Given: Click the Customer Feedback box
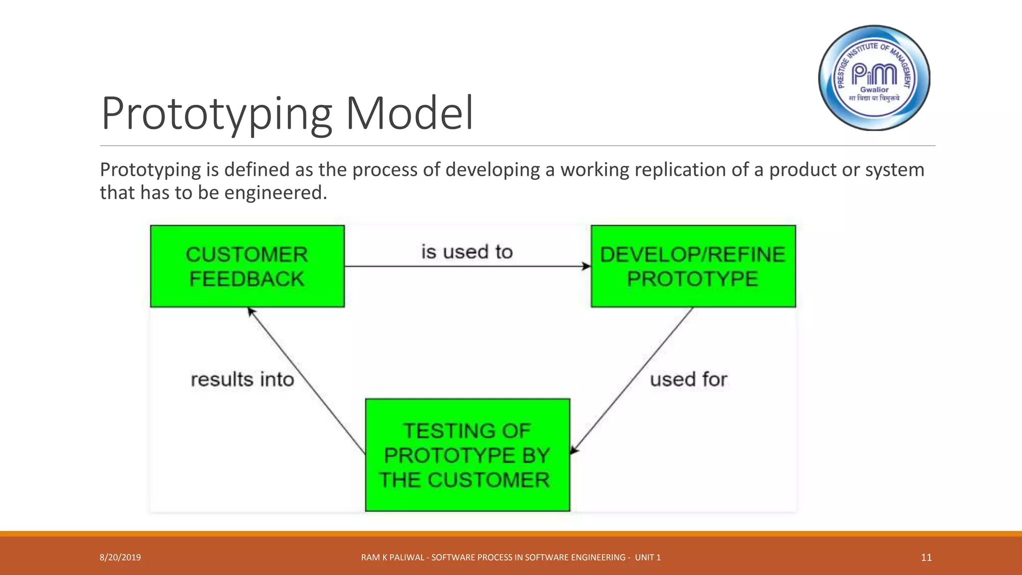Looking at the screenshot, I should [247, 266].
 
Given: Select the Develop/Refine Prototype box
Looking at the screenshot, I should [693, 266].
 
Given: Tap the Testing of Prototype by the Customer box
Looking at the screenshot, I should [467, 455].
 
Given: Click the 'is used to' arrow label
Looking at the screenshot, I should [467, 252].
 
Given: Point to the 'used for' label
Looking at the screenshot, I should [688, 380].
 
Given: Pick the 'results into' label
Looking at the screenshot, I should [243, 380].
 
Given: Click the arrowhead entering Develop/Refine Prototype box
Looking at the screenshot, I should [586, 267].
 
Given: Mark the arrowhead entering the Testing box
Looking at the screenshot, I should [574, 450].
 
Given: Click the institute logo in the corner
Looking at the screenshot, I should [874, 78].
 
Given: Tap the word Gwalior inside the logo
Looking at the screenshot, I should [874, 90].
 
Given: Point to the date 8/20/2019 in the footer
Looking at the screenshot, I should [120, 558].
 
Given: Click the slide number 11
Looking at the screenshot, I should [926, 558].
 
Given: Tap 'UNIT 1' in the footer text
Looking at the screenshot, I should [648, 558].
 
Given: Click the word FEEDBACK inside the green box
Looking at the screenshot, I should [247, 279].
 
